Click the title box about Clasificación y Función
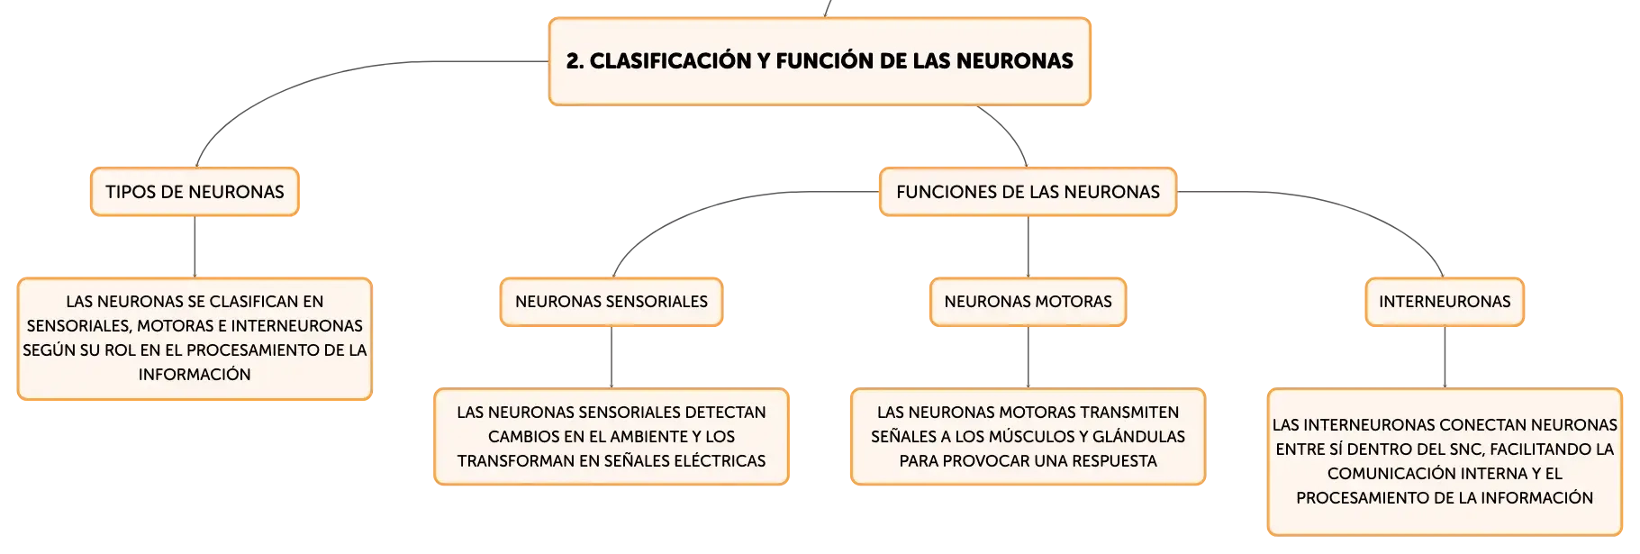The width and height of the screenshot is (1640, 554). click(x=820, y=61)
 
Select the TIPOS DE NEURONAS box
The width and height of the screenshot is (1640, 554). click(x=195, y=192)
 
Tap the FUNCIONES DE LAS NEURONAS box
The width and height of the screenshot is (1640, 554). click(x=1028, y=192)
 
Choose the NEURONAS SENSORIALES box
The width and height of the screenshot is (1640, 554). click(x=612, y=302)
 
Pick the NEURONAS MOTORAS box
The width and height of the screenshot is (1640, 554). click(x=1028, y=302)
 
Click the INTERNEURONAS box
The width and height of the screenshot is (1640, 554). click(x=1445, y=302)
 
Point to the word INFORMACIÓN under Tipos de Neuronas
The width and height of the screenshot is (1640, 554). click(x=195, y=375)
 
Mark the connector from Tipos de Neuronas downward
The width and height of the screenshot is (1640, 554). click(x=195, y=247)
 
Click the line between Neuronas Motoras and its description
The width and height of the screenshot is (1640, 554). click(x=1028, y=358)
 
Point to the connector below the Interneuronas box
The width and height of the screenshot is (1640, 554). click(x=1445, y=358)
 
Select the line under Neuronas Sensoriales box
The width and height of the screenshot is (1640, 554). click(x=612, y=358)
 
